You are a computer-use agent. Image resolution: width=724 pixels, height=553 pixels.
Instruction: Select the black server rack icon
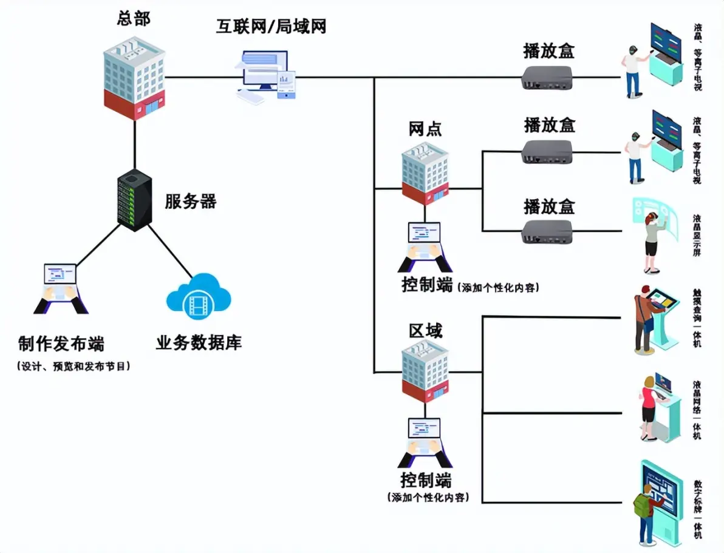point(134,200)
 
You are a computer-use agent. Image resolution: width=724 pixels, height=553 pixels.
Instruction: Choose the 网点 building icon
point(425,173)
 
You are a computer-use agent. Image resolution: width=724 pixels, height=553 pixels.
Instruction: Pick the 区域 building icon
point(425,370)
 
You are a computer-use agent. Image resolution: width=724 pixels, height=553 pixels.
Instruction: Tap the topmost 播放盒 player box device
point(548,78)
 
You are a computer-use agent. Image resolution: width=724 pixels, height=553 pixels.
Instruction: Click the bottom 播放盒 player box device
point(548,231)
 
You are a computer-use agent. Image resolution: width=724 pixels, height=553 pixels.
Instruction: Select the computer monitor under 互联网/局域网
point(266,76)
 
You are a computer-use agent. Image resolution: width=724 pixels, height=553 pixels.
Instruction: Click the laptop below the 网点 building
point(425,246)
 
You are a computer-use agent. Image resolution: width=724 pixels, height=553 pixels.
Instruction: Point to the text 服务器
point(190,202)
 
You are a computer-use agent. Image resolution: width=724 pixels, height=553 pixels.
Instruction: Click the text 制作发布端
point(61,344)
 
